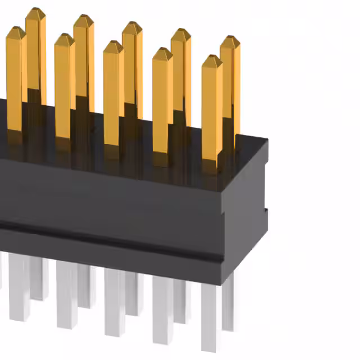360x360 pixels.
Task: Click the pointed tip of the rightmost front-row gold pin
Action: click(x=212, y=57)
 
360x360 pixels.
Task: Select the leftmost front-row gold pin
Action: click(x=15, y=79)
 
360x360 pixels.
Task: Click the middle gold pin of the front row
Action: click(x=113, y=96)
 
